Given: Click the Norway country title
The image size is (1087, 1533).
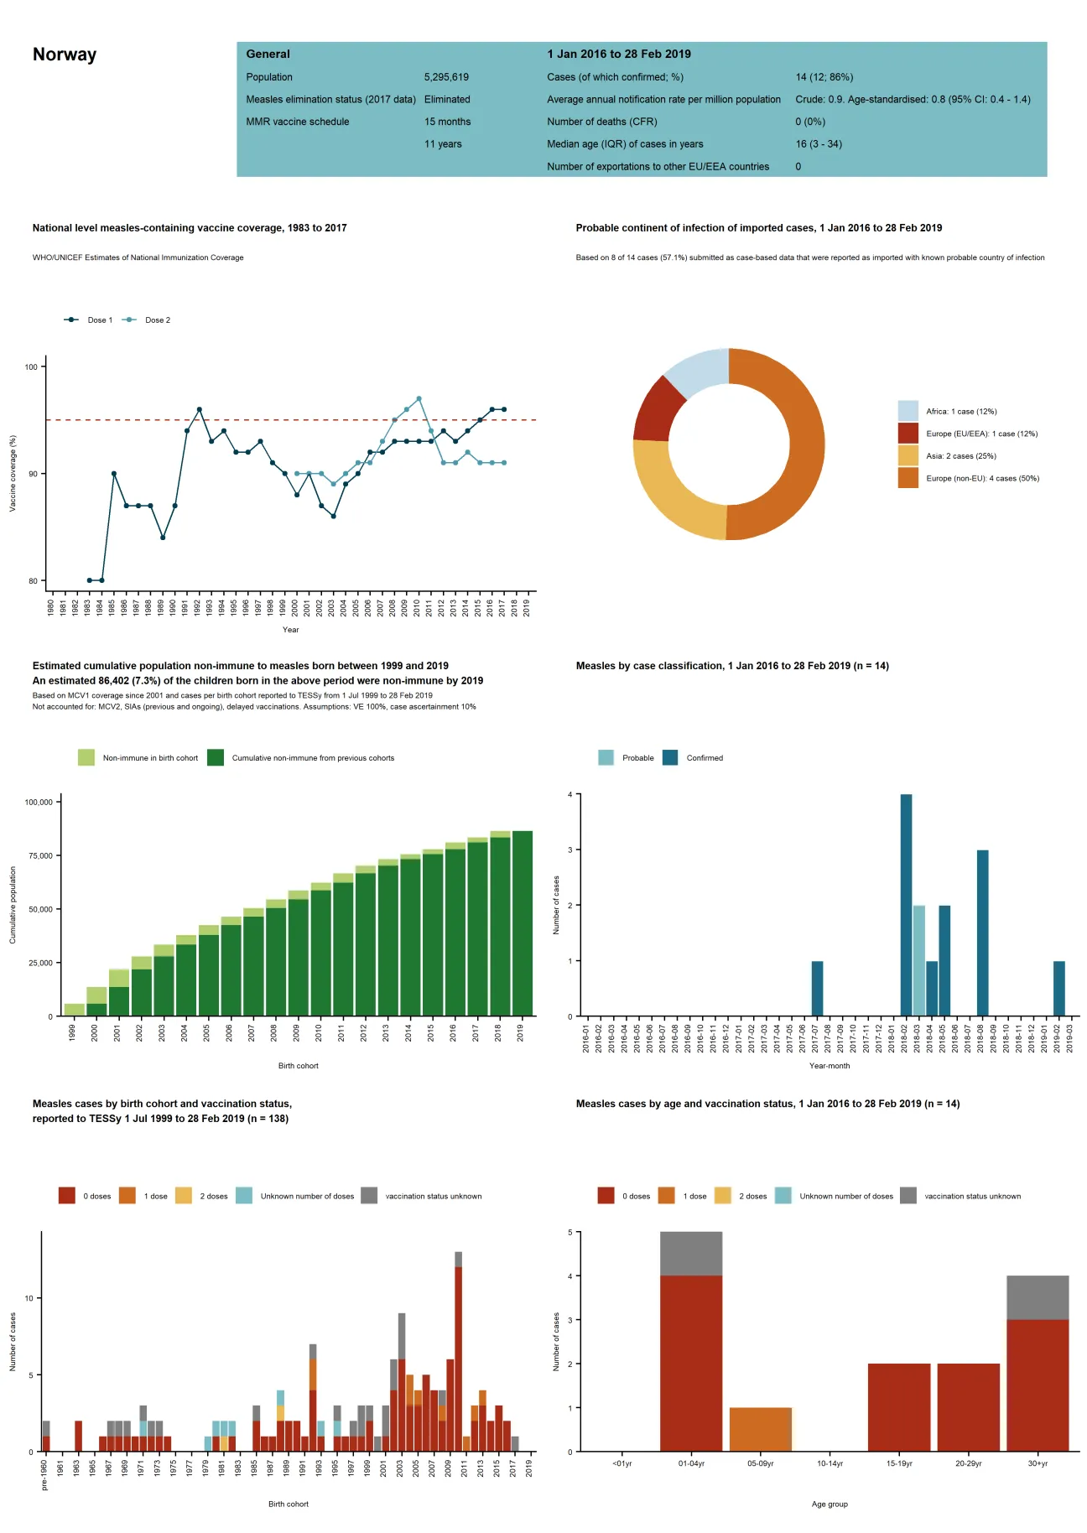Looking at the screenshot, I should tap(65, 55).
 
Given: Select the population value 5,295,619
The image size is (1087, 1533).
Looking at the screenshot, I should tap(446, 77).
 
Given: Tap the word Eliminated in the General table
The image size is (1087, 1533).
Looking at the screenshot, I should tap(447, 99).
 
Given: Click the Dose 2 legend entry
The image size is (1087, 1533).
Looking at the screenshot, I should tap(157, 320).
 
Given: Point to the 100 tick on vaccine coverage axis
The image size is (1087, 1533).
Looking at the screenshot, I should tap(31, 366).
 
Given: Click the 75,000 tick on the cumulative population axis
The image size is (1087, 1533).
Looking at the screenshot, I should tap(39, 855).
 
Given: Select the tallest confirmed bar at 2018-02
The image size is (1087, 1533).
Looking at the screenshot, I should tap(906, 906).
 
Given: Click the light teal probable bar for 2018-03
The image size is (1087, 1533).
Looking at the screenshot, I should tap(918, 961).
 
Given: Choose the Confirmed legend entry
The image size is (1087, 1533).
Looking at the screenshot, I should tap(704, 758).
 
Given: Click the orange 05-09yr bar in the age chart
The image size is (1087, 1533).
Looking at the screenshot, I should tap(760, 1429).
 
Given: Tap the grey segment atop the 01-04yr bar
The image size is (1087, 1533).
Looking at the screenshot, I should tap(690, 1253).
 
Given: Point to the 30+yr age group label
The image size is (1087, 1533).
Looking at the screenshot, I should tap(1038, 1463).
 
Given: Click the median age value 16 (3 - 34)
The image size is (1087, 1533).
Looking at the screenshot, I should tap(819, 144).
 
